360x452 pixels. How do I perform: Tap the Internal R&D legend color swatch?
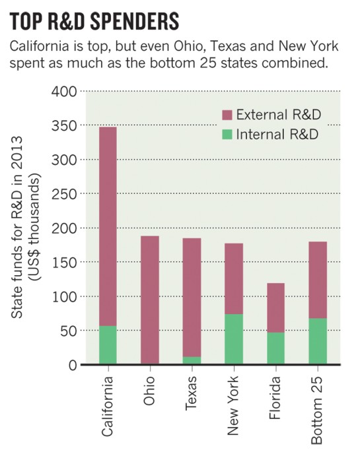pyautogui.click(x=227, y=134)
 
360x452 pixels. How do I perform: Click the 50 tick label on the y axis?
pyautogui.click(x=67, y=331)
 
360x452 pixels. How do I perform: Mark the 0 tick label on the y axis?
pyautogui.click(x=71, y=365)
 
